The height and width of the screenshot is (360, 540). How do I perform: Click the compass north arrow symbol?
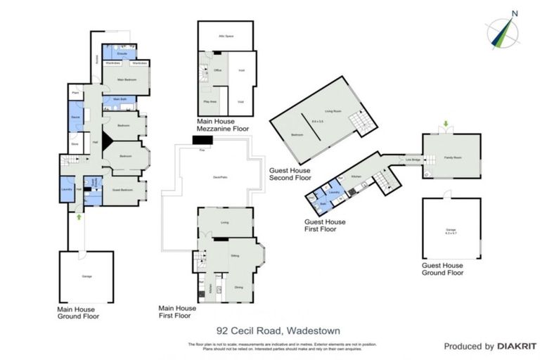[505, 30]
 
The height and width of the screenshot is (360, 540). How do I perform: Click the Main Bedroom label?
[126, 79]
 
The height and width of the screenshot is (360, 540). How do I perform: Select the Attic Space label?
[226, 35]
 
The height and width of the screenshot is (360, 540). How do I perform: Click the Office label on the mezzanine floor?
[218, 70]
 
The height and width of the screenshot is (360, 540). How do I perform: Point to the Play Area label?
[209, 102]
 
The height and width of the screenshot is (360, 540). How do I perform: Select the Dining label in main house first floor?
[239, 286]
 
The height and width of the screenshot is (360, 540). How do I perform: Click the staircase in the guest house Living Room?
[364, 123]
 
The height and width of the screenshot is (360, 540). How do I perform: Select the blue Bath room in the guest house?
[323, 205]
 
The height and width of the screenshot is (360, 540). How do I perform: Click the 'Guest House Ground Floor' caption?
[442, 269]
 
